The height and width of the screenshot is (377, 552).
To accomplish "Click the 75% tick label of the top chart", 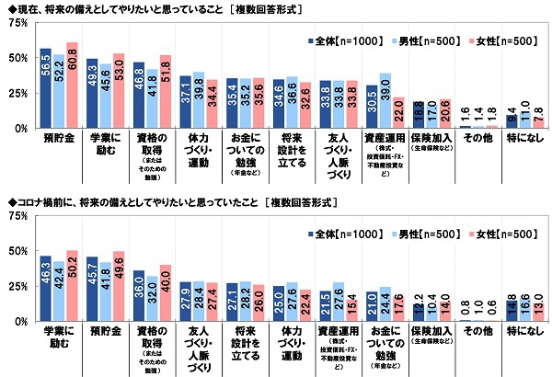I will tap(16, 23).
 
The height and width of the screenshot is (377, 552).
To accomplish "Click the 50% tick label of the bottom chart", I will tap(16, 252).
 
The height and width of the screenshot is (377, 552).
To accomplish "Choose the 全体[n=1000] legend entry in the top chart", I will tap(337, 42).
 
